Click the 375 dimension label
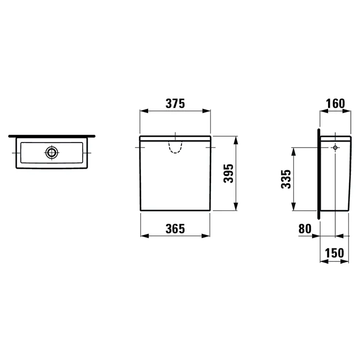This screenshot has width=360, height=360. (175, 103)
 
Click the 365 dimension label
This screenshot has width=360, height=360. (175, 229)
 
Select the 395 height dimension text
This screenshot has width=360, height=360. (228, 173)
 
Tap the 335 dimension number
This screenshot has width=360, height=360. (286, 179)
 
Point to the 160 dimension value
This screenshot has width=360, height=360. (335, 103)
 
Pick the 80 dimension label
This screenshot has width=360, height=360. (305, 229)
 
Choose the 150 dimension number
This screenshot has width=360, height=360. (334, 253)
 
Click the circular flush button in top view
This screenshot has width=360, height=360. (51, 152)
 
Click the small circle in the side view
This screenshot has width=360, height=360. (335, 148)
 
